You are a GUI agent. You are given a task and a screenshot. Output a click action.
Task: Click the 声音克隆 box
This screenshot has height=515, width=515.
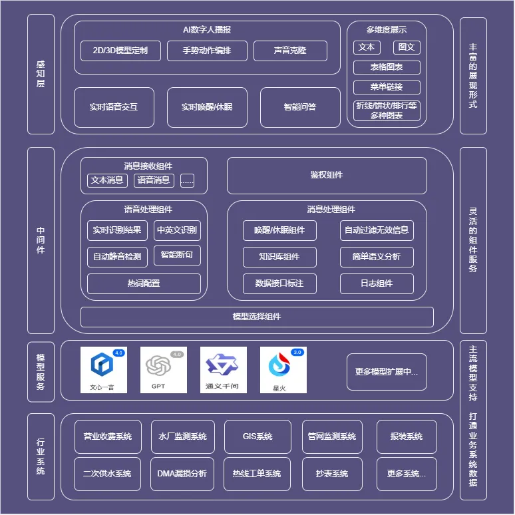[290, 51]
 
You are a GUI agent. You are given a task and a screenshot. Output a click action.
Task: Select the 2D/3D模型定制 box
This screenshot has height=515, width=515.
[120, 51]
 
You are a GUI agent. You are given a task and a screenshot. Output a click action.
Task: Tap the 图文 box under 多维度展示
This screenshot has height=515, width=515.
[407, 47]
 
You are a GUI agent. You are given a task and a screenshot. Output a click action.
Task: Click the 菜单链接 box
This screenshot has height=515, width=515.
[387, 87]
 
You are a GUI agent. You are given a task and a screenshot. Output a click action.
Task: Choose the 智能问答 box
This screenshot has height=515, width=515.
[300, 107]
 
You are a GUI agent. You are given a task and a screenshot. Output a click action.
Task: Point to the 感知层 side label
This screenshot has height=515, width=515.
[41, 74]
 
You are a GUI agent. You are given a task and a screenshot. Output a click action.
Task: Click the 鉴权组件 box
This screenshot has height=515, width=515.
[327, 176]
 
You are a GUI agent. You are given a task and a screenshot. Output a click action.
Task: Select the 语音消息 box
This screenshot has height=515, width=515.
[154, 180]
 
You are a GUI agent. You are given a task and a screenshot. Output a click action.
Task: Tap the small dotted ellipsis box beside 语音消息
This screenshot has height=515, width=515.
[187, 180]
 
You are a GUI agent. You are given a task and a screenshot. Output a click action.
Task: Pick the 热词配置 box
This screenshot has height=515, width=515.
[144, 283]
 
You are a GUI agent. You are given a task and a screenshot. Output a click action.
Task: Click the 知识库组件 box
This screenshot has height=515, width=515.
[279, 257]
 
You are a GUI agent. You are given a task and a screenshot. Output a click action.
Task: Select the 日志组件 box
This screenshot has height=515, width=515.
[377, 283]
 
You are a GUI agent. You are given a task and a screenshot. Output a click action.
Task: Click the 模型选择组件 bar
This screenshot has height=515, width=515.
[257, 317]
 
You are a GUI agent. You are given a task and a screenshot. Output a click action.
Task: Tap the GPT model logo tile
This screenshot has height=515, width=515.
[164, 370]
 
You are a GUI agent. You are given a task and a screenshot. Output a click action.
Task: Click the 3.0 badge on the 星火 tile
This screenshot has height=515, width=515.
[297, 353]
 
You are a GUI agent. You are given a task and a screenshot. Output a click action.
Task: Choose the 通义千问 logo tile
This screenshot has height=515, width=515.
[224, 370]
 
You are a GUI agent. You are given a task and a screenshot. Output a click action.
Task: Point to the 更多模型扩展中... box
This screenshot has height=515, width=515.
[387, 372]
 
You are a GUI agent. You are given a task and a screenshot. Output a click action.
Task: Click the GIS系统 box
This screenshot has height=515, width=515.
[257, 436]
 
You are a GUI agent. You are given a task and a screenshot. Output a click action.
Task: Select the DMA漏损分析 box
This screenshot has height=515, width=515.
[182, 474]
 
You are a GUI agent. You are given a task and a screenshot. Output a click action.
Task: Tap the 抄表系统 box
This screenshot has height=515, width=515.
[332, 474]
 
